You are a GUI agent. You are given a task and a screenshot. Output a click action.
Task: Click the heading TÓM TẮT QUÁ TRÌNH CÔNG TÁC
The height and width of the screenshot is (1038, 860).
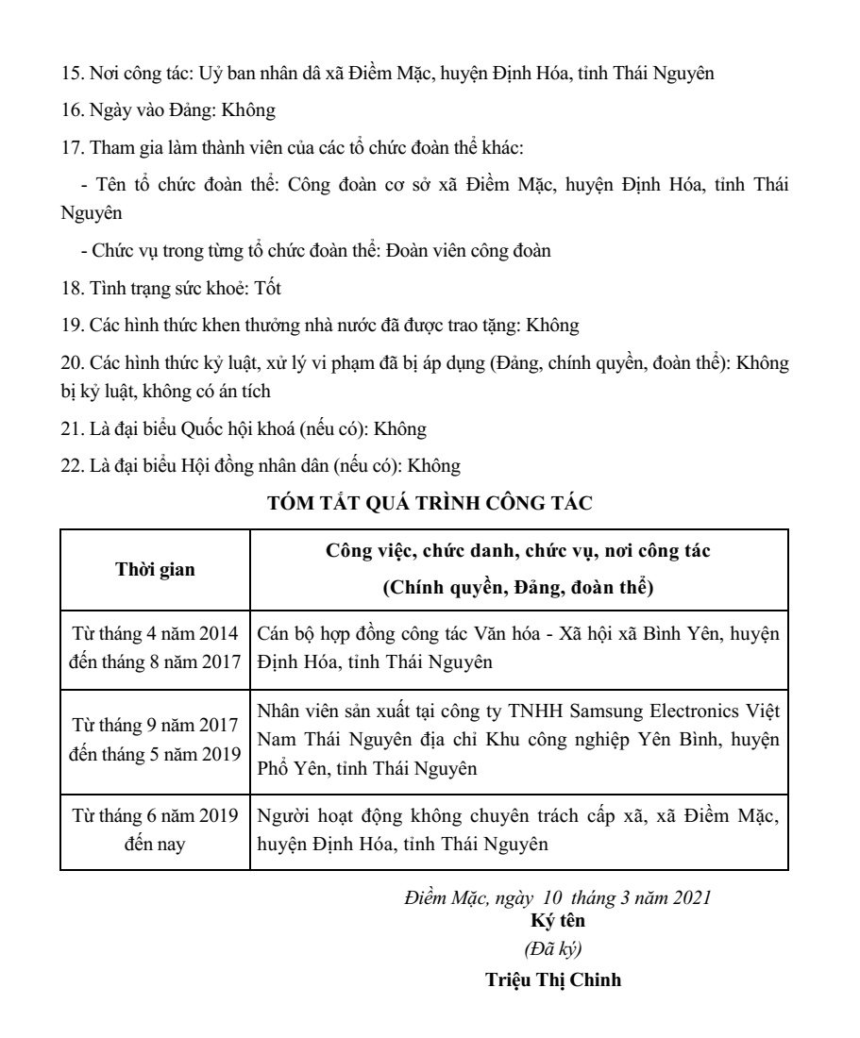(430, 503)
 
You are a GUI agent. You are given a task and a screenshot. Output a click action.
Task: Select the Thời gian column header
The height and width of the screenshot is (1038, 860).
(156, 570)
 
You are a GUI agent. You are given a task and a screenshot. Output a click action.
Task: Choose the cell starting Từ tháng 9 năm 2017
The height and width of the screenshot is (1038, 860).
(156, 738)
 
